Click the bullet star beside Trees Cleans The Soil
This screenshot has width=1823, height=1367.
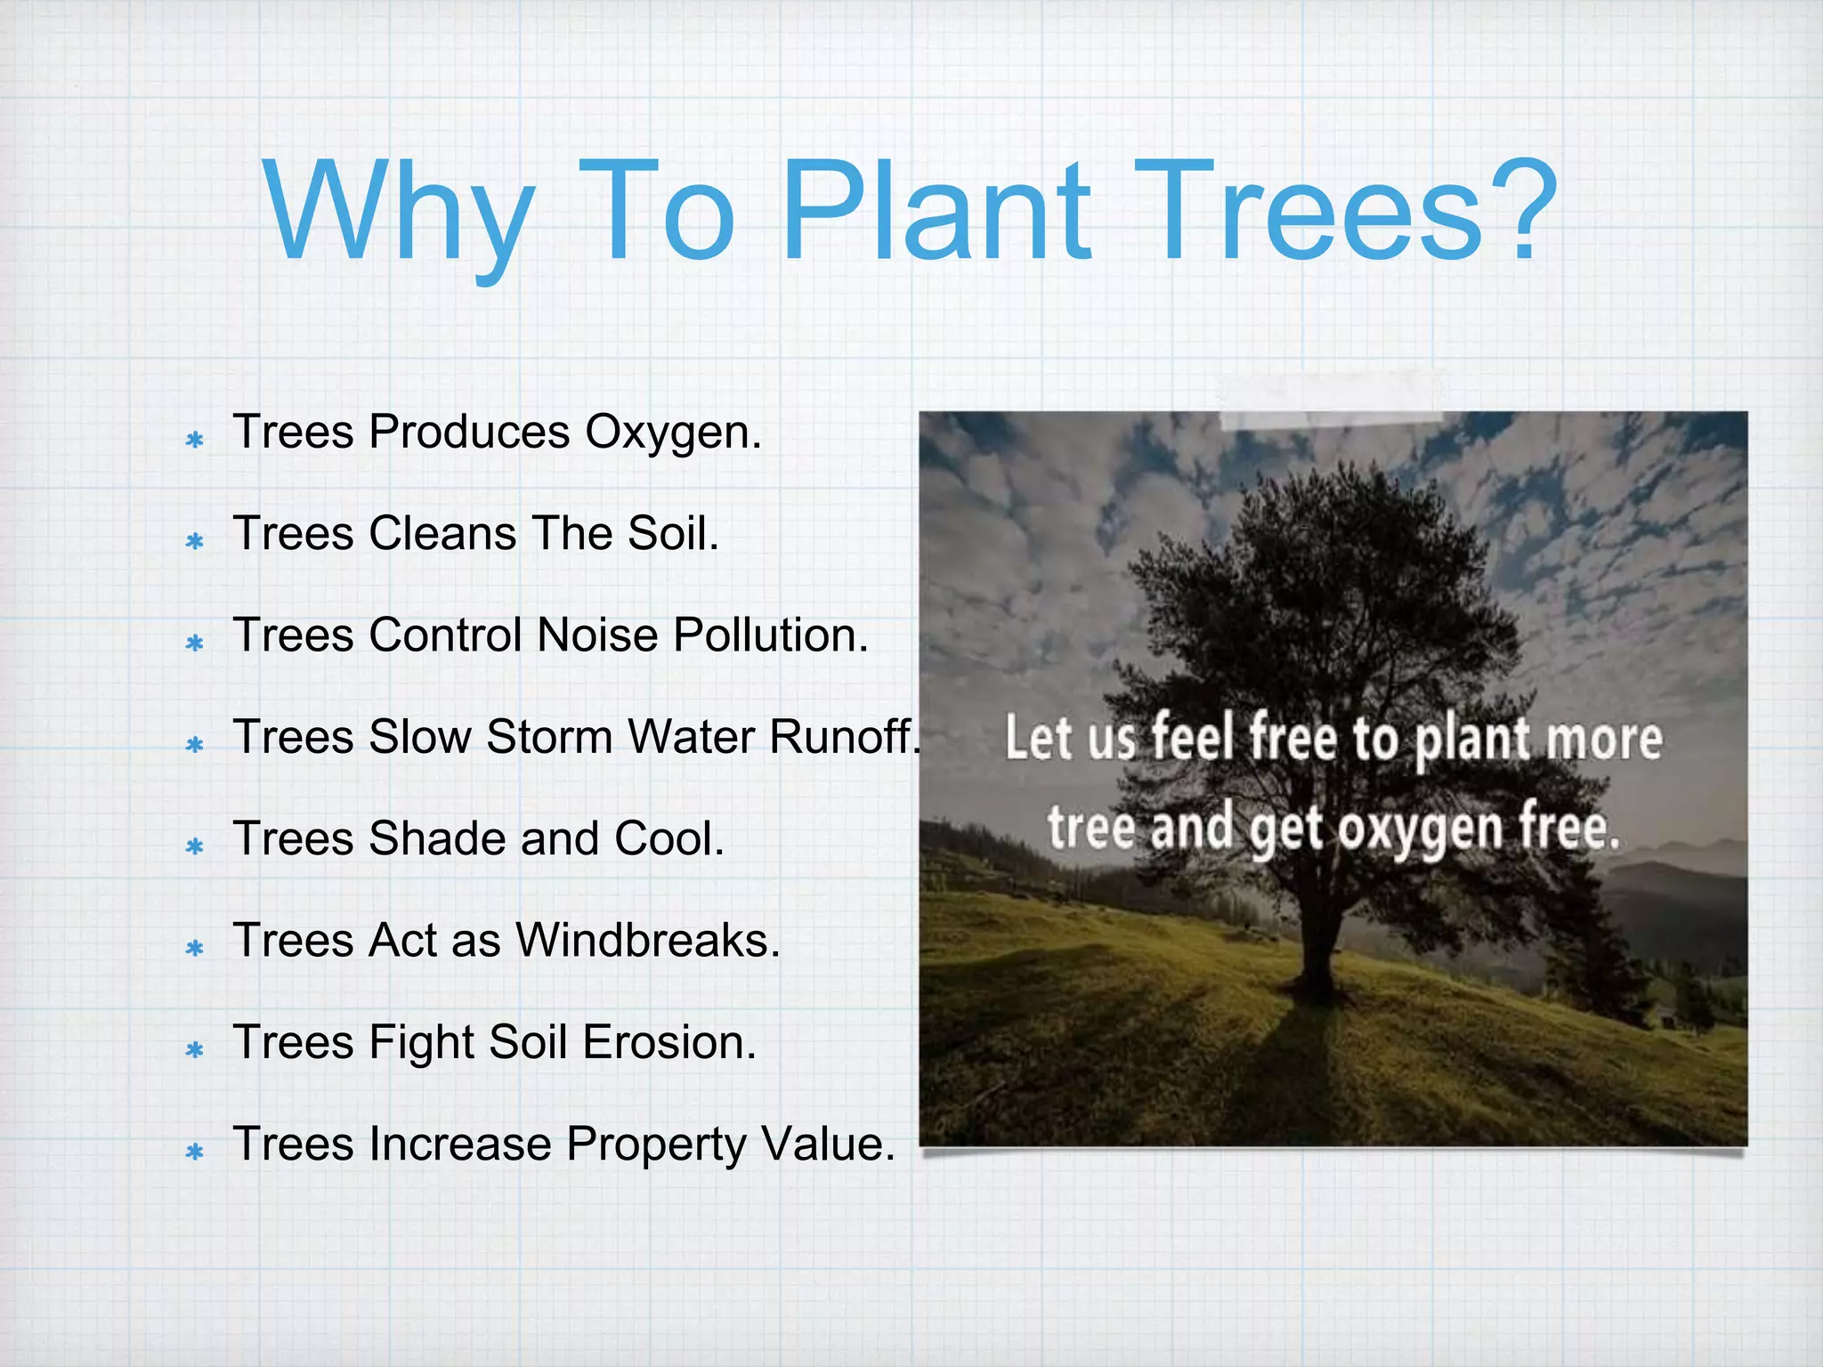click(x=195, y=541)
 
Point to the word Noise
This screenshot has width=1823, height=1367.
click(x=597, y=636)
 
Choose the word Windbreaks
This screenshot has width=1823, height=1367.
click(x=647, y=941)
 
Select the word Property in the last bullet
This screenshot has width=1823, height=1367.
click(x=656, y=1145)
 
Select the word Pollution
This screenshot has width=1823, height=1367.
click(x=770, y=636)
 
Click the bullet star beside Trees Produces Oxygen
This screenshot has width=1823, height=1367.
click(x=195, y=440)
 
